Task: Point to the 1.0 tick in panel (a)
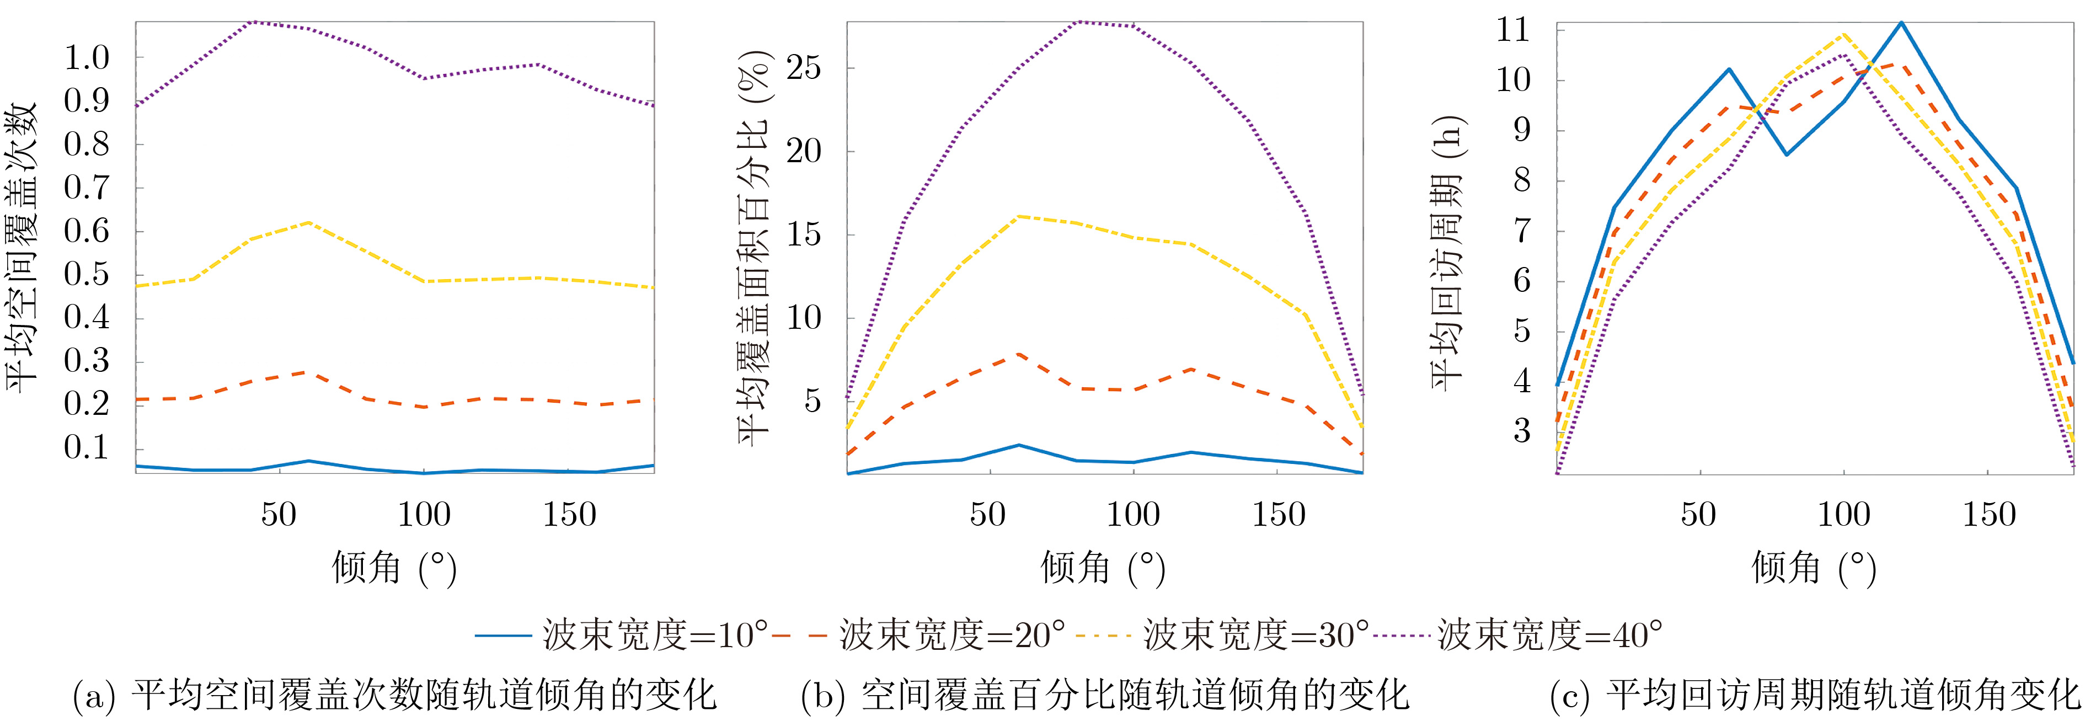tap(87, 58)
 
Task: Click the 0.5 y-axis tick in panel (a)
tap(87, 274)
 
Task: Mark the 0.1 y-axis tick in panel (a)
tap(87, 447)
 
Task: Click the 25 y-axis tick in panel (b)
tap(803, 68)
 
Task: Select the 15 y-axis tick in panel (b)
tap(803, 234)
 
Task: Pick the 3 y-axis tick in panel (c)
tap(1522, 431)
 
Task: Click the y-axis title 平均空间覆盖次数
tap(23, 247)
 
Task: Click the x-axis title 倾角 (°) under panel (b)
tap(1103, 568)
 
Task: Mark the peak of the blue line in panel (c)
tap(1901, 23)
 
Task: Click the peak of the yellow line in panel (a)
tap(309, 222)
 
